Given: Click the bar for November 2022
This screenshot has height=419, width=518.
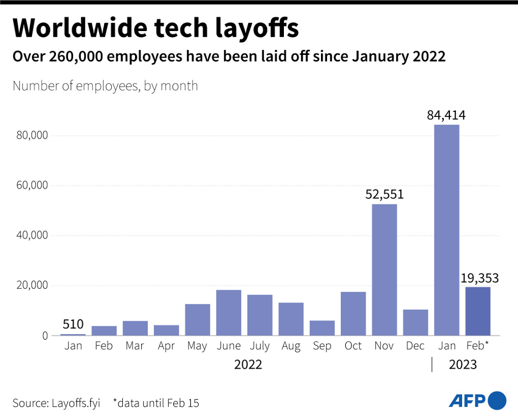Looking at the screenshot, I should [384, 269].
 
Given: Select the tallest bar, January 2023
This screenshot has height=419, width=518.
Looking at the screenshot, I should [447, 230].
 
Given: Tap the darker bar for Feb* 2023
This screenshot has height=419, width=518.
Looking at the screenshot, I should [478, 311].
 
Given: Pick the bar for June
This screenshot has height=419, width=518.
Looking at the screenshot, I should [229, 313].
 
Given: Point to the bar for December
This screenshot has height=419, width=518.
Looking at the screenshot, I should [415, 322].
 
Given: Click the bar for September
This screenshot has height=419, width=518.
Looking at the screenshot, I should [322, 328].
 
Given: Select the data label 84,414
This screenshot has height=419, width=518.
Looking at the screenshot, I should [446, 115].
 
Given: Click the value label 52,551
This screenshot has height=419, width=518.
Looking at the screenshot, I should [384, 195].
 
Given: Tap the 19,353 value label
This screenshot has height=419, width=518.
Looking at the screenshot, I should [480, 278].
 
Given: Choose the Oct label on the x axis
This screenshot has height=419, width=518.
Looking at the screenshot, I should [353, 346].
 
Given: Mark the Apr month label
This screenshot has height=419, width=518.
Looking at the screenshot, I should [166, 346].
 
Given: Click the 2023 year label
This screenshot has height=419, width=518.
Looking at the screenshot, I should [462, 365].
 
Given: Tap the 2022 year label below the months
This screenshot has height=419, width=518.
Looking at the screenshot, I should [248, 365].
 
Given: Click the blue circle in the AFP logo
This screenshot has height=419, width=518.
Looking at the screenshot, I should [498, 400].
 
